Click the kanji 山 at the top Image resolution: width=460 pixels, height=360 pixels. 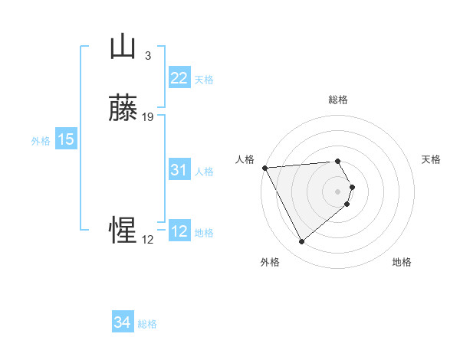pos(123,47)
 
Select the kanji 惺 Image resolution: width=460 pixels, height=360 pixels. pos(123,231)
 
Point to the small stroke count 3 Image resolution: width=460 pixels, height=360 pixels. pos(148,55)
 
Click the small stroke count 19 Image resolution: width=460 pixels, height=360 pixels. pos(148,117)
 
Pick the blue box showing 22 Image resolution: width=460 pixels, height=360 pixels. pos(179,77)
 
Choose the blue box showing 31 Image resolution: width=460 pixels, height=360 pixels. pos(179,170)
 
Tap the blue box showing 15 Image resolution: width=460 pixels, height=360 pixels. pos(66,139)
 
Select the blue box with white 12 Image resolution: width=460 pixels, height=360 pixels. pos(179,231)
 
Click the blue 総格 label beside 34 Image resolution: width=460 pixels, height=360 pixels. pos(147,324)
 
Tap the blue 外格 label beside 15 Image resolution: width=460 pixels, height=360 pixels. pos(41,141)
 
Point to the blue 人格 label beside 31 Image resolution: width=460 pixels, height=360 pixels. pos(204,172)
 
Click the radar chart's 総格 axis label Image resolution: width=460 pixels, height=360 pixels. pos(338,100)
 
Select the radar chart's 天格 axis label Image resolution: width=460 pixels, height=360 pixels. pos(432,159)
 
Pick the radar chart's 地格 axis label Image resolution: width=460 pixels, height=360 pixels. pos(402,262)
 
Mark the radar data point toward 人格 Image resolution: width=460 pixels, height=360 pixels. pos(264,168)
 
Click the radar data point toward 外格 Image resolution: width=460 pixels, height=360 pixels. pos(301,242)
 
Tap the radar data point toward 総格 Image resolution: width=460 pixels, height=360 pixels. pos(338,161)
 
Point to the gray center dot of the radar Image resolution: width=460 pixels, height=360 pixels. pos(338,191)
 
